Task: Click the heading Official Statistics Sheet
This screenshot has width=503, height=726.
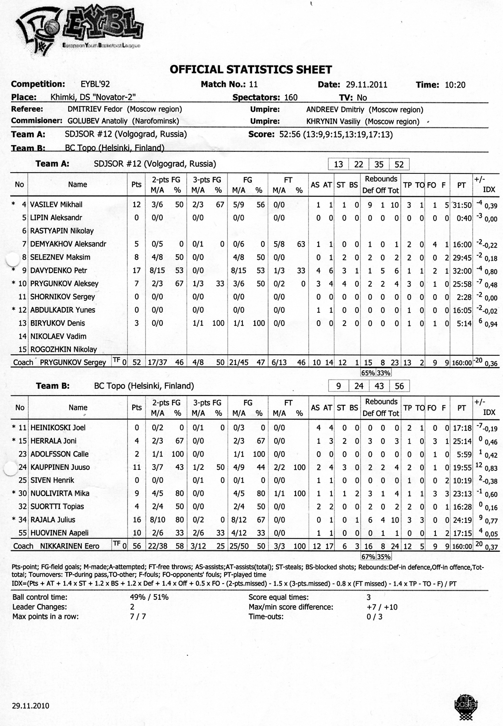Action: (x=251, y=69)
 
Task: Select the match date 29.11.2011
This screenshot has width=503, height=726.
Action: (x=366, y=85)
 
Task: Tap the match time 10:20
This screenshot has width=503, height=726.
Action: (x=455, y=85)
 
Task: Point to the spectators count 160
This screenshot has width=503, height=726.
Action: (x=291, y=97)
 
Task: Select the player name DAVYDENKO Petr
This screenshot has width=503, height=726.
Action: (x=58, y=270)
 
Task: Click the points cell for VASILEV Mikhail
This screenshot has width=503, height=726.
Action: (x=136, y=204)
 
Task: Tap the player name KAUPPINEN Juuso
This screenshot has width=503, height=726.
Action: (x=60, y=467)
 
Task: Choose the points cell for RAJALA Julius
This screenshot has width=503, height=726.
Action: (x=137, y=520)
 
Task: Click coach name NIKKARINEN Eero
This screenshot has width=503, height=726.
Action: (x=69, y=546)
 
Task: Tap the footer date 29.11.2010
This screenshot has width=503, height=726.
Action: (x=31, y=706)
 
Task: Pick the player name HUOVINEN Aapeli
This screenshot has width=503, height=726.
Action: (x=59, y=533)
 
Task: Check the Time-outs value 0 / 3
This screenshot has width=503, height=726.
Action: (x=374, y=617)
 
